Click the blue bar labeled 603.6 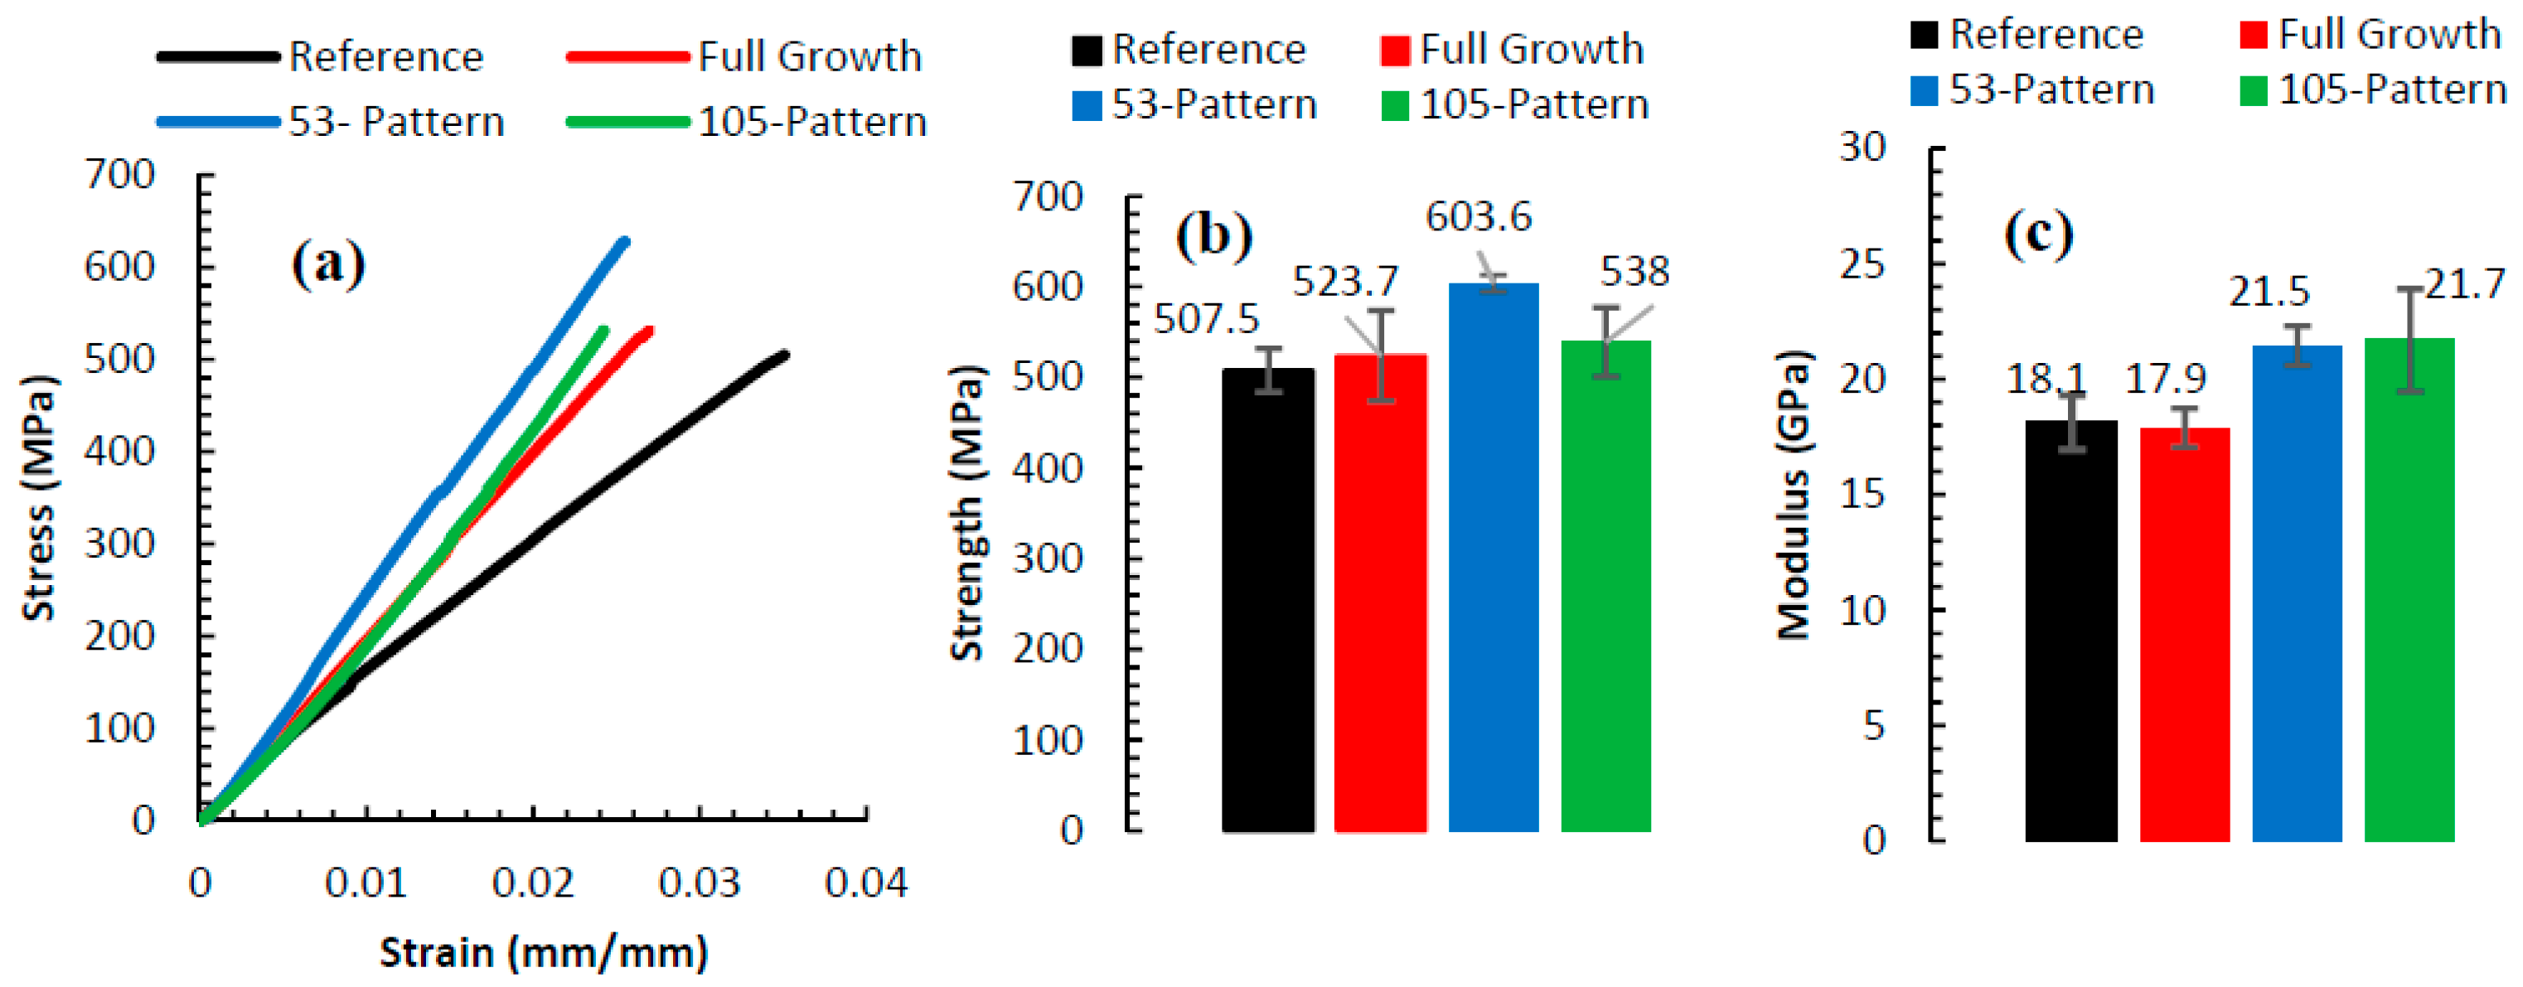click(1493, 558)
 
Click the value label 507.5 click(1207, 320)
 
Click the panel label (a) click(328, 264)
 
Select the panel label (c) click(2038, 234)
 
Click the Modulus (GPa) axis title click(1794, 495)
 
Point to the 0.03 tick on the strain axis click(699, 884)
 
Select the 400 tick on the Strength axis click(1047, 468)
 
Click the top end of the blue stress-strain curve click(625, 241)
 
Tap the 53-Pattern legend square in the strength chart click(1086, 104)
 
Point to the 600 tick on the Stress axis click(119, 266)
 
